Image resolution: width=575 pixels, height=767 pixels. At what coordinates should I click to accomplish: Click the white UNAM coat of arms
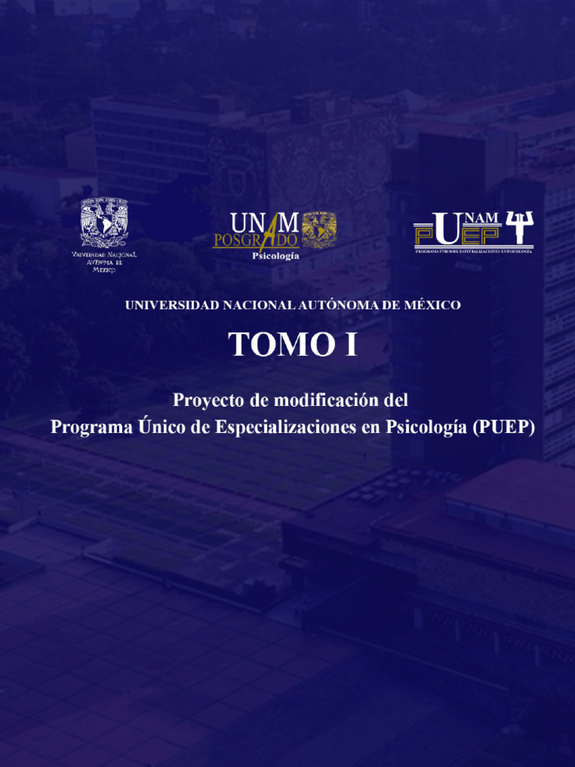104,222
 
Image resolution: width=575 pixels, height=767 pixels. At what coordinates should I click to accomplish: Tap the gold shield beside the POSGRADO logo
319,229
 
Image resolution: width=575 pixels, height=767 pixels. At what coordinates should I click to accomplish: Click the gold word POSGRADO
255,240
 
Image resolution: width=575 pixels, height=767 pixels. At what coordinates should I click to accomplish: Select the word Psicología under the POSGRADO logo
275,256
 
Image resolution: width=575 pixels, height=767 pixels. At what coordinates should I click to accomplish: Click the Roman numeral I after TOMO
351,345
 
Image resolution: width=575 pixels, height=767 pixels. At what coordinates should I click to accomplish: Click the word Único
160,427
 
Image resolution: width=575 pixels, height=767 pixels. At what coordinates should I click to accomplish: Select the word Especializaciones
287,427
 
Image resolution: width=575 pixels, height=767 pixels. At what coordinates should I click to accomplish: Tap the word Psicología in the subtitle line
425,427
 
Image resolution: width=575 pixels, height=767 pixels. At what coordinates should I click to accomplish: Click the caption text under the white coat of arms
104,262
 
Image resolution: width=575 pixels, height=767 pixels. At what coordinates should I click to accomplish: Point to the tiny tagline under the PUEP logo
473,251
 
